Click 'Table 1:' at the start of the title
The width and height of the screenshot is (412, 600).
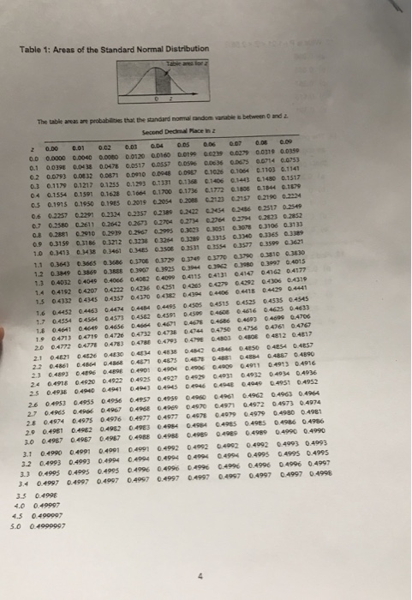pos(33,27)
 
